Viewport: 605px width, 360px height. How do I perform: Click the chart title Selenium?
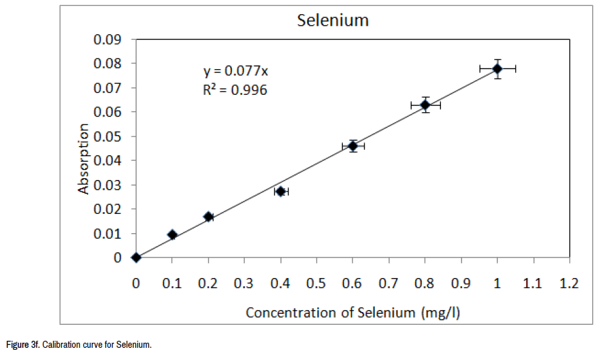[x=333, y=20]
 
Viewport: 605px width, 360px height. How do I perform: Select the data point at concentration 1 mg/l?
[x=497, y=69]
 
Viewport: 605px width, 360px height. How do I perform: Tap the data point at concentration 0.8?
[x=425, y=104]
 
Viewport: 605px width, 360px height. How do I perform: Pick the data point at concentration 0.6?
[x=352, y=146]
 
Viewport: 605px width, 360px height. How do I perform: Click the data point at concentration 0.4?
[x=281, y=191]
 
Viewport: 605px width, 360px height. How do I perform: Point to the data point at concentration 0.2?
[x=208, y=217]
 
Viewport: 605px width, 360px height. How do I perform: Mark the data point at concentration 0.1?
[x=172, y=234]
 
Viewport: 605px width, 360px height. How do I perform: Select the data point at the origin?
[x=136, y=258]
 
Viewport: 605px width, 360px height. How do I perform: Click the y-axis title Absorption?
[x=84, y=159]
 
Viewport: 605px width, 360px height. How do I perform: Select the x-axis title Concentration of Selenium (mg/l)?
[x=353, y=313]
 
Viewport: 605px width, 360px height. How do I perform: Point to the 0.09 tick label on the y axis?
[x=108, y=39]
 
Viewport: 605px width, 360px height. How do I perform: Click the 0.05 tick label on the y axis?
[x=108, y=136]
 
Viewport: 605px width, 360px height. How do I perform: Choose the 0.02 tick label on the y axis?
[x=108, y=209]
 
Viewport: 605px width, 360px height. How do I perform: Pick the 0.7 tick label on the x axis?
[x=388, y=283]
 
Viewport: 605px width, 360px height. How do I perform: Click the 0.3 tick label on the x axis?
[x=244, y=283]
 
